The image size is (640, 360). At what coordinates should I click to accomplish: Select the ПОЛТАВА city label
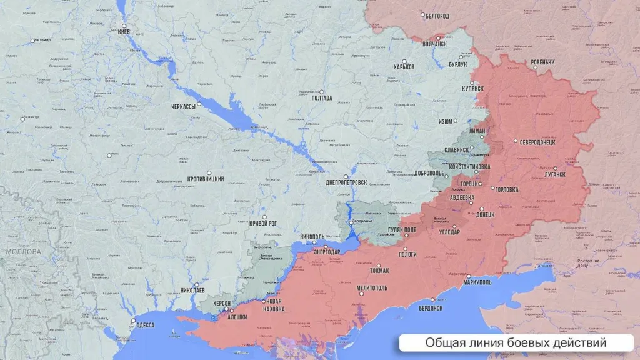point(321,99)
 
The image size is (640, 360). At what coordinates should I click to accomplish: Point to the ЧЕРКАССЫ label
point(183,106)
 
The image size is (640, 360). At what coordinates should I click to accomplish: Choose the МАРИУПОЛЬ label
point(477,282)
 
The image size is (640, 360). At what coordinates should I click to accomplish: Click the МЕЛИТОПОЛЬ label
point(371,287)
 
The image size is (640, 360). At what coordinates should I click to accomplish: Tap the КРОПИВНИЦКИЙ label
point(206,179)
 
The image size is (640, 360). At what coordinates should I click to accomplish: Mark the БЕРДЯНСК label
point(431,308)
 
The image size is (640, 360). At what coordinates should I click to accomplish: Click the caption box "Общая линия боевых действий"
point(516,343)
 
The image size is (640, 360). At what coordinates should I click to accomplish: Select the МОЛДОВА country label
point(23,252)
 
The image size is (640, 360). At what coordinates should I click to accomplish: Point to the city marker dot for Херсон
point(231,311)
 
